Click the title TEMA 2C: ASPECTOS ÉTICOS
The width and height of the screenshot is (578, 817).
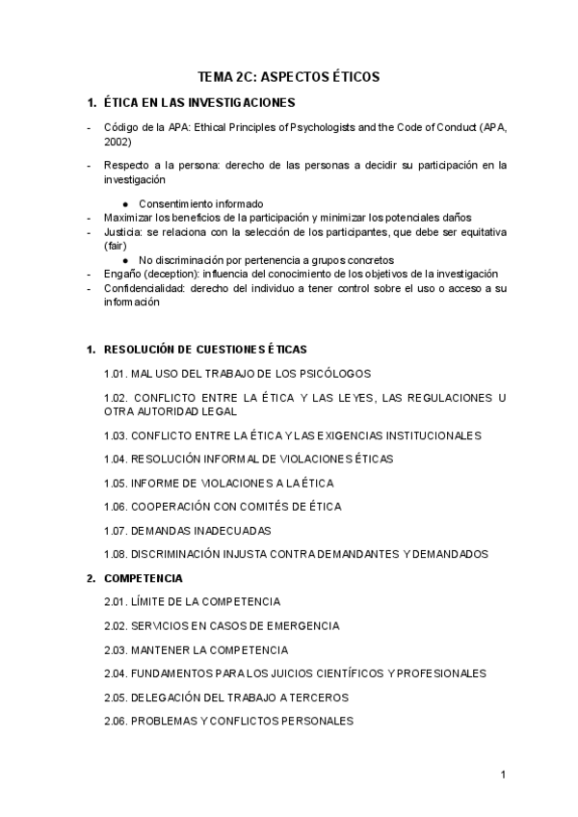point(288,76)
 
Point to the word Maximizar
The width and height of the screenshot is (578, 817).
point(127,218)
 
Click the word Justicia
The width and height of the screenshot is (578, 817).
point(123,232)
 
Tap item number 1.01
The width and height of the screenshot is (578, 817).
point(116,373)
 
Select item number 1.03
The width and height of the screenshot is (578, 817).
point(116,435)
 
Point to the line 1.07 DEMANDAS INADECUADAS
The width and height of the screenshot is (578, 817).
point(187,530)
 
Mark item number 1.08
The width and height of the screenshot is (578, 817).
point(116,554)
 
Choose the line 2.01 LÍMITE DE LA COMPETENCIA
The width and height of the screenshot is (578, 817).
point(192,601)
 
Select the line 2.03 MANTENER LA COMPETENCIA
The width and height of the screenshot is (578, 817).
point(196,649)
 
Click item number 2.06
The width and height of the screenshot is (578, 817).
point(116,721)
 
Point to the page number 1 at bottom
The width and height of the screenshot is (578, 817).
point(503,774)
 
